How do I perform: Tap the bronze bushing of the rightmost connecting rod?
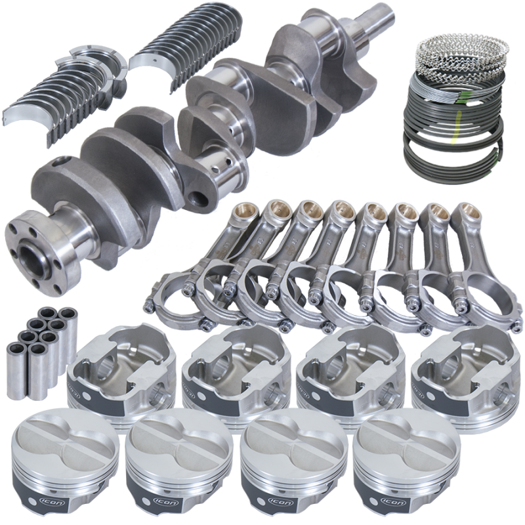pos(467,213)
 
